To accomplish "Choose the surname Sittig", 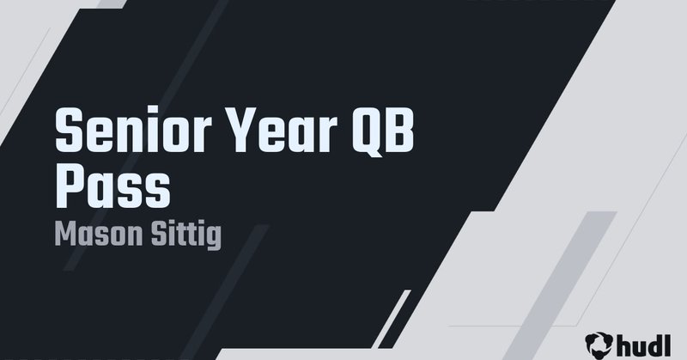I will tap(182, 235).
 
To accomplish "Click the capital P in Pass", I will tap(70, 186).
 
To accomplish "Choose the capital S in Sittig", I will tap(152, 235).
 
